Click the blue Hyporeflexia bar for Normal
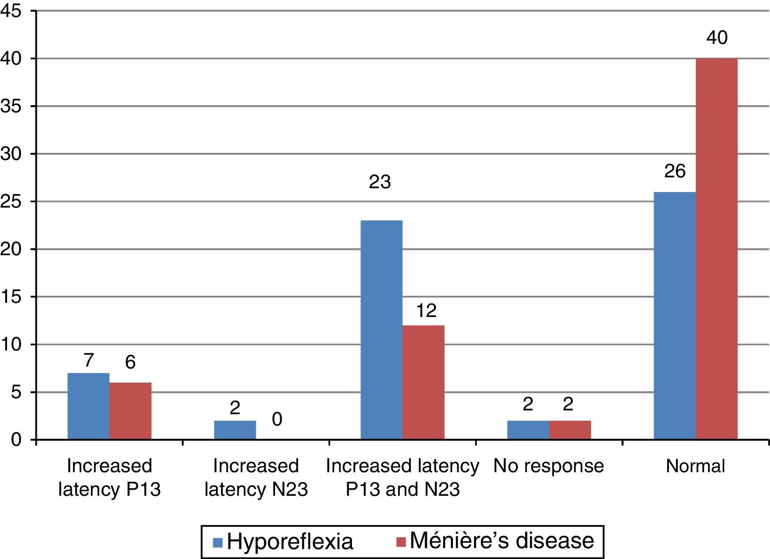675,316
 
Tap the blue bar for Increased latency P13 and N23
381,330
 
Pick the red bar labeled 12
423,383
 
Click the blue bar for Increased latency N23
235,430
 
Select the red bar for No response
570,430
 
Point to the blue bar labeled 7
88,406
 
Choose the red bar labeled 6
130,411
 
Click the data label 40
717,38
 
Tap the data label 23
380,182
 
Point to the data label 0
277,419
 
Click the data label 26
675,172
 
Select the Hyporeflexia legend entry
283,542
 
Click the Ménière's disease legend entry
495,541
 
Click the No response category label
549,466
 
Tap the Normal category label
695,466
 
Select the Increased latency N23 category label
256,477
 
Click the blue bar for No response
528,430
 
